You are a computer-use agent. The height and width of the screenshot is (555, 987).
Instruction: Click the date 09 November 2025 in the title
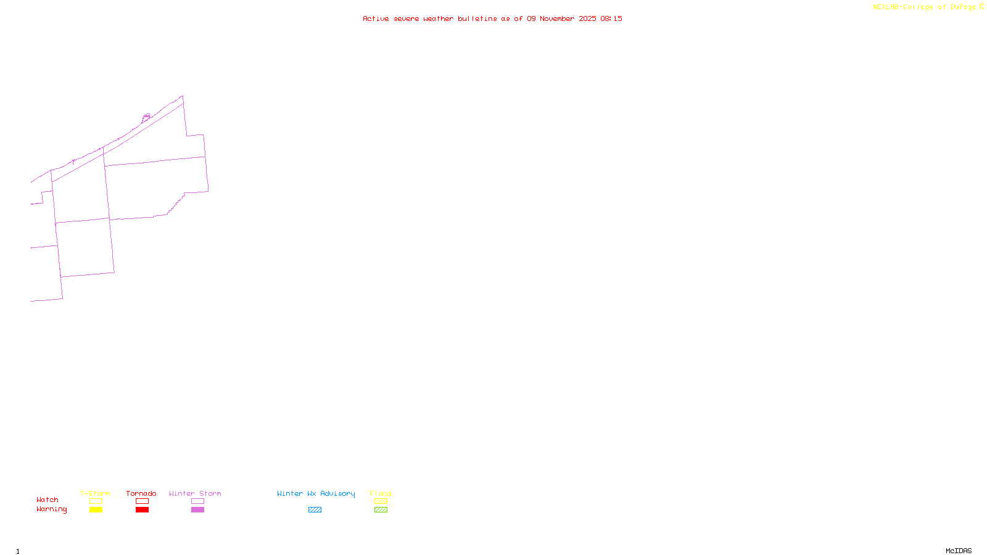tap(561, 18)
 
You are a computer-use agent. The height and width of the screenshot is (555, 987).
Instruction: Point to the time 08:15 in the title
tap(611, 18)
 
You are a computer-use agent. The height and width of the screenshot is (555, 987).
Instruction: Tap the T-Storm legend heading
tap(95, 493)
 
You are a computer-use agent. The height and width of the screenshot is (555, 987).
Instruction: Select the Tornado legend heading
tap(141, 493)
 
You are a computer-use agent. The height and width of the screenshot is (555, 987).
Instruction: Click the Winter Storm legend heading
tap(195, 493)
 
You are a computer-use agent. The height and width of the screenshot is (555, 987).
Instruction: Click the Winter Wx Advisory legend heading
tap(316, 493)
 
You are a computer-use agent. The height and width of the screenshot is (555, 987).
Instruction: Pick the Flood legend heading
tap(381, 493)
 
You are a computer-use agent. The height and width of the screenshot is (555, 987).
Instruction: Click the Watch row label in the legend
tap(47, 499)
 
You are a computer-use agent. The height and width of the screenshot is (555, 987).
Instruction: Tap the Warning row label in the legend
tap(52, 509)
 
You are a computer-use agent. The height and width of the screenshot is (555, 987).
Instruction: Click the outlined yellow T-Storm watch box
tap(96, 501)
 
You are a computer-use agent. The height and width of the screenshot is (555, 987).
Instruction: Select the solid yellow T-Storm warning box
tap(96, 510)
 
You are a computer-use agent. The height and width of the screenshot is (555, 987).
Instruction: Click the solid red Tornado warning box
tap(142, 510)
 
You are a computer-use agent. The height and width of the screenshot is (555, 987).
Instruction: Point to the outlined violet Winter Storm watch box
tap(197, 501)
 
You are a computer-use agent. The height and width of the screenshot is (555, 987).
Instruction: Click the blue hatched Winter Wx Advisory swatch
tap(315, 510)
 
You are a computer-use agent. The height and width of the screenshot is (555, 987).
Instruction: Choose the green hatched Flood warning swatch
tap(381, 510)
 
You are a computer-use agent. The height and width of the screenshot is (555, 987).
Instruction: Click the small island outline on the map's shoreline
tap(146, 117)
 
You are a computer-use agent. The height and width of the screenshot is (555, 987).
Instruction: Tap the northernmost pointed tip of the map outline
tap(182, 96)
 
